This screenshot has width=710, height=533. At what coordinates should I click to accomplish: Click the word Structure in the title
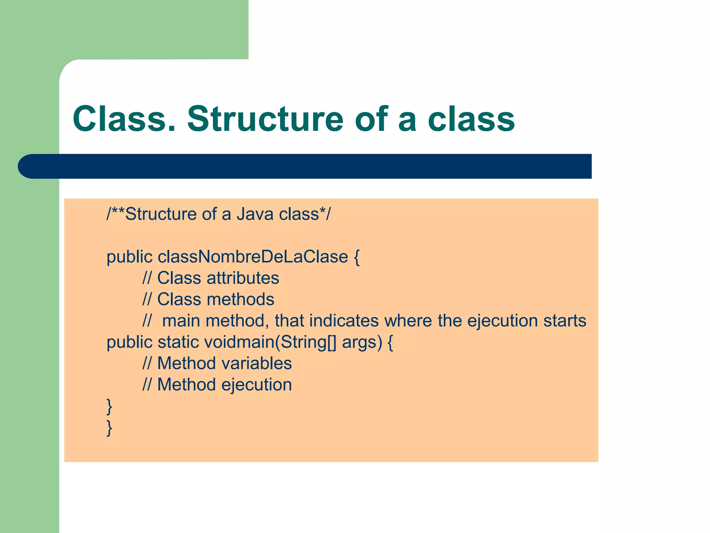(x=265, y=119)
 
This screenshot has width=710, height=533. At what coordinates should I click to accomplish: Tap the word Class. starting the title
(x=124, y=119)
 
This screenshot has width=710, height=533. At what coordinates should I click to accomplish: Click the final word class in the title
(x=471, y=119)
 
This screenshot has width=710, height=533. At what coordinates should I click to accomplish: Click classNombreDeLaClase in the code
(x=253, y=257)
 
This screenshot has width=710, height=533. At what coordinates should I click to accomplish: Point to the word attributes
(x=243, y=278)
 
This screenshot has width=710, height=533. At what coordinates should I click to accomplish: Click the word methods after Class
(x=240, y=299)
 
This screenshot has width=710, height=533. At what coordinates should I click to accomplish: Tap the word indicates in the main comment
(x=344, y=321)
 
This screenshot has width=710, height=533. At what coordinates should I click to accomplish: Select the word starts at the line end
(x=565, y=321)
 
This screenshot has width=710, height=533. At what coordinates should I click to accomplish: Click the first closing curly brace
(x=109, y=407)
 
